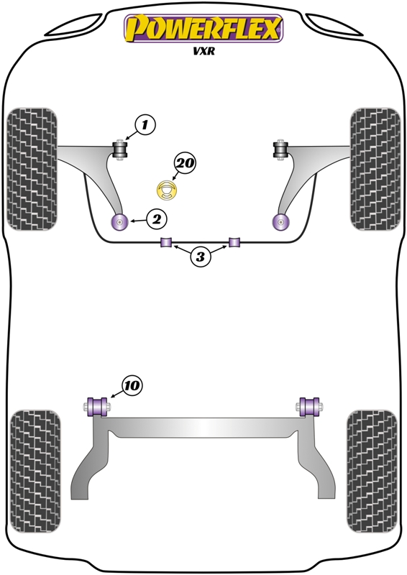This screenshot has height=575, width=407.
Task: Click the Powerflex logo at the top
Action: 203,29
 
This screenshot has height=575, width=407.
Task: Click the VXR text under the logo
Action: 203,51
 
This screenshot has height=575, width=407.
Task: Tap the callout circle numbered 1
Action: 145,125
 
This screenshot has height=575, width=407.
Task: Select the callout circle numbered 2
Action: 156,219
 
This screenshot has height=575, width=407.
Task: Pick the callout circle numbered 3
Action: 200,257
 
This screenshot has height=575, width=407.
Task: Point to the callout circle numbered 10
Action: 132,385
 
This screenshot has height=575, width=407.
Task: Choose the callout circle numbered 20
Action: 186,163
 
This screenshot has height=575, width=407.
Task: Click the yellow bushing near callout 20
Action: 167,190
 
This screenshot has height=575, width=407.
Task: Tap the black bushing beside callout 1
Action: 119,149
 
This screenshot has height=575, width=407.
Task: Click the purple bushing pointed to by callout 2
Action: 119,221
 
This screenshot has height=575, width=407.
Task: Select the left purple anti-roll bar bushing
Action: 167,242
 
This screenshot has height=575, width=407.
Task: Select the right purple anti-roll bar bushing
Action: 234,242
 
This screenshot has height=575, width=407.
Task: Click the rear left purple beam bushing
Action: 97,407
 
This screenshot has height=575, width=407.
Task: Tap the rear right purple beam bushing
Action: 309,407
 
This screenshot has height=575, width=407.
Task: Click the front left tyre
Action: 32,169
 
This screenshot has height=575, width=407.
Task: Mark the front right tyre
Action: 375,169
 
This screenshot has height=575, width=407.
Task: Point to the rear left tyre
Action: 35,471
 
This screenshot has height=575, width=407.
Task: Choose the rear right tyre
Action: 372,471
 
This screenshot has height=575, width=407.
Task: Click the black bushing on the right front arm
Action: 281,149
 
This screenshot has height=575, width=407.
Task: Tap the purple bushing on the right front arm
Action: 281,221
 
